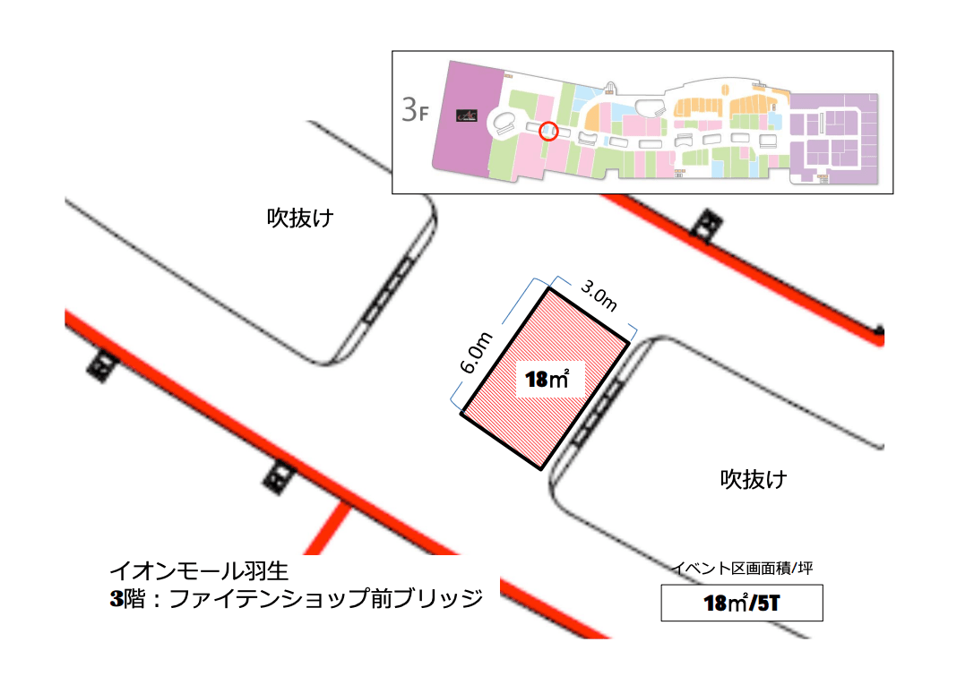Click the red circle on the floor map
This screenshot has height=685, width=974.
click(x=550, y=132)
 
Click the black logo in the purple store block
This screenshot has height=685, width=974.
click(x=466, y=115)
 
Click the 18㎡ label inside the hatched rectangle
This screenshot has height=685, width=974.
click(x=547, y=380)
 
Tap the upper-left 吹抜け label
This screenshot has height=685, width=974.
click(x=300, y=218)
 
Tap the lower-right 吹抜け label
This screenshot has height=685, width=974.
click(x=754, y=479)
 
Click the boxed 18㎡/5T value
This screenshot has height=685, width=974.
click(x=741, y=603)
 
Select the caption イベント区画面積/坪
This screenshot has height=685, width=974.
click(x=742, y=568)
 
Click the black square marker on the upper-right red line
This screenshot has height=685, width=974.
click(x=710, y=224)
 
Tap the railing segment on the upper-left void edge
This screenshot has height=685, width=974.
click(x=389, y=289)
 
